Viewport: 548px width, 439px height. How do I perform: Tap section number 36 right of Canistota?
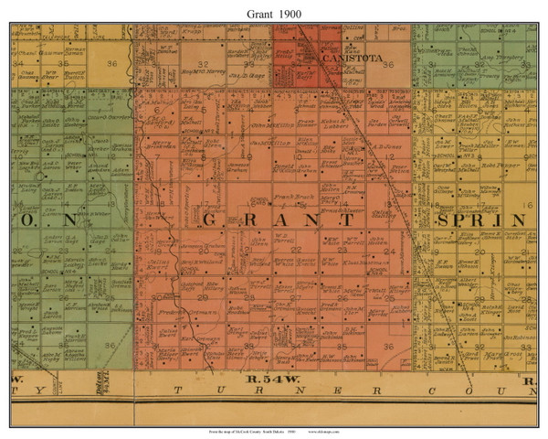coord(388,65)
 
